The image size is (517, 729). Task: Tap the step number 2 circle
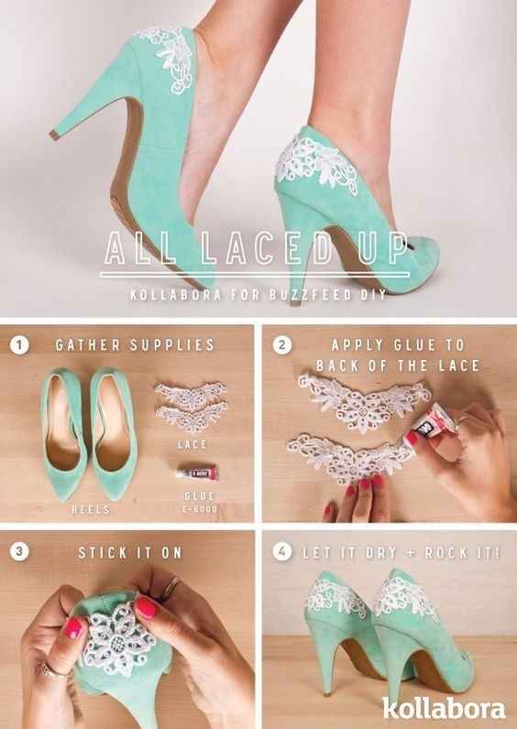coord(282,346)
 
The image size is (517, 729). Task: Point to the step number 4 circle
coord(282,553)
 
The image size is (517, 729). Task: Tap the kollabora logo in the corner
coord(456,707)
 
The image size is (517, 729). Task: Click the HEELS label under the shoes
coord(92,508)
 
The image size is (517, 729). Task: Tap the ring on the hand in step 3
coord(171,583)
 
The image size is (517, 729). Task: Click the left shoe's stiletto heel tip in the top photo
coord(53,135)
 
